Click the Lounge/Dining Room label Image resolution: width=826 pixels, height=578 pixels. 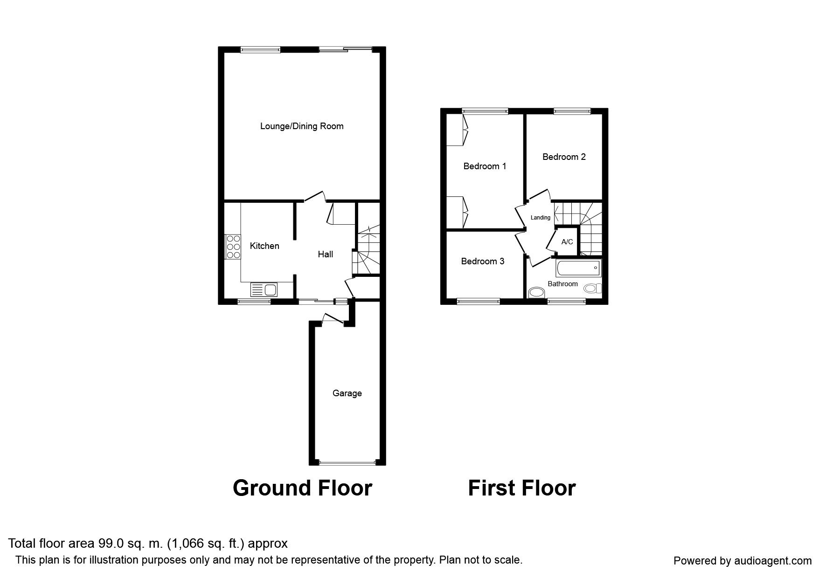[x=302, y=126]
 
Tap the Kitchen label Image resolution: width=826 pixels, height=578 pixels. [x=264, y=246]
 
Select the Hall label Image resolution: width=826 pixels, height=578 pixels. [x=326, y=254]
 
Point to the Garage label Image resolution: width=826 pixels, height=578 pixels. [x=347, y=393]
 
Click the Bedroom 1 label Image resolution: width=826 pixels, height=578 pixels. [x=485, y=166]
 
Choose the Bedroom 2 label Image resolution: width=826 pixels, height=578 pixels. [x=564, y=157]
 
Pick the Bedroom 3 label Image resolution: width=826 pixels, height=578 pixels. [x=483, y=261]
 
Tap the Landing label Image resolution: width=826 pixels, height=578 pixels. [x=541, y=218]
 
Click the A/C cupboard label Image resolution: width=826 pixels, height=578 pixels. [x=567, y=242]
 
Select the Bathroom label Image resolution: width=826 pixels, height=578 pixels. [x=562, y=284]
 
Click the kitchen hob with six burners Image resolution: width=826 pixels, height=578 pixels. [x=233, y=247]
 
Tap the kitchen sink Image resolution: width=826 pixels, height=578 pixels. [x=264, y=290]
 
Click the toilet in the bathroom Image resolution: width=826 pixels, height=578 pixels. [x=593, y=289]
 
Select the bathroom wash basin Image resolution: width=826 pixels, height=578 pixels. [x=537, y=293]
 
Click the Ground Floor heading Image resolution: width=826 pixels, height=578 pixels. [x=302, y=488]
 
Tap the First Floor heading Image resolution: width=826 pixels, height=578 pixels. [x=522, y=488]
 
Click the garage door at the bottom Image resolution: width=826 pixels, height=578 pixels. [x=347, y=463]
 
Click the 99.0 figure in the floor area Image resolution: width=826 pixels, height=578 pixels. [x=109, y=544]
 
